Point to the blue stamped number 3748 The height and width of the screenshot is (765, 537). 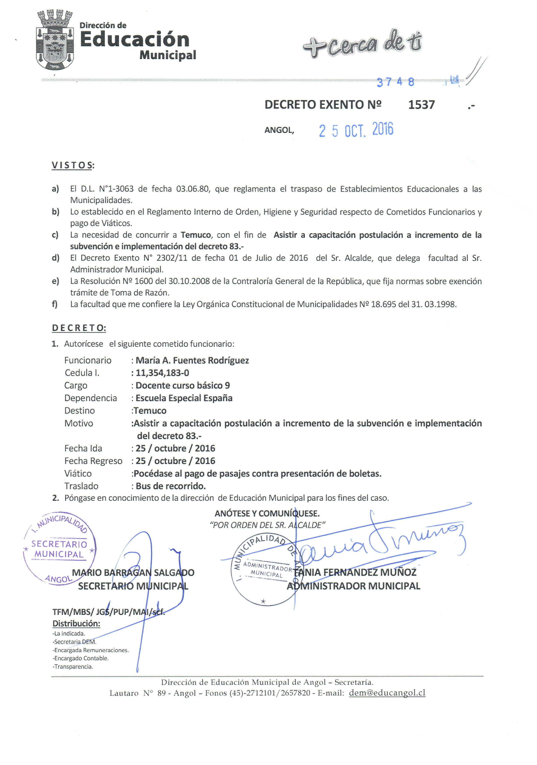click(395, 82)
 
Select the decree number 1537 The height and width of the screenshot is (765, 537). click(421, 105)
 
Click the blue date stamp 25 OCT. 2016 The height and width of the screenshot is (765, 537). click(356, 130)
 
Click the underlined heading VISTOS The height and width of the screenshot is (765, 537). click(72, 166)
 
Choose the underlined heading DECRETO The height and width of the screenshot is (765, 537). click(79, 328)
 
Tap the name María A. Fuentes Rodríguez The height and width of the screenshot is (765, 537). click(192, 361)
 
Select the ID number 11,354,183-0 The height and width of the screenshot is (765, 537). click(162, 373)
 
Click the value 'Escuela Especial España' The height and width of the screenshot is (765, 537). click(184, 398)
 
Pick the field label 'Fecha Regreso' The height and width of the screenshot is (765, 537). click(93, 461)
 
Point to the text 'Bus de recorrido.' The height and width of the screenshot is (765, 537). click(170, 486)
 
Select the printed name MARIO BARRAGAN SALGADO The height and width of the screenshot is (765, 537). click(133, 573)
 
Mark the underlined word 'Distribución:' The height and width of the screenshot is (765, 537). click(76, 623)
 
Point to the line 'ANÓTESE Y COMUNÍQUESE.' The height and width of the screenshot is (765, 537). click(267, 514)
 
